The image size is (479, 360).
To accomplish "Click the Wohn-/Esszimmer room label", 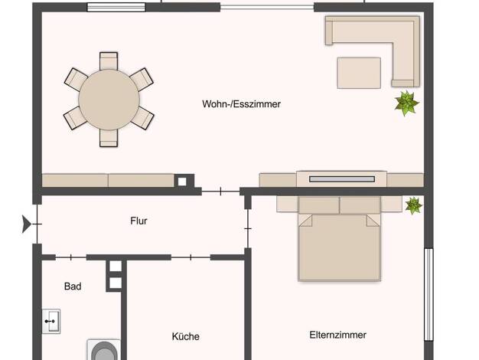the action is click(x=241, y=104).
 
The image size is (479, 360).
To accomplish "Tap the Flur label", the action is click(x=138, y=221).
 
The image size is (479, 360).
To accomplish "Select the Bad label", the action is click(x=73, y=286).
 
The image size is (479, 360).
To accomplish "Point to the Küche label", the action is click(x=186, y=336).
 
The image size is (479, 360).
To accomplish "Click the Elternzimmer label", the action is click(x=338, y=335).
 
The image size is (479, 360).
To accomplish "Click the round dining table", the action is click(x=109, y=100).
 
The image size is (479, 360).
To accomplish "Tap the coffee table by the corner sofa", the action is click(x=359, y=73).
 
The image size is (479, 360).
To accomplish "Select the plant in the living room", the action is click(x=406, y=103).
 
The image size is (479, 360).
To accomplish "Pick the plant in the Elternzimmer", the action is click(x=414, y=205).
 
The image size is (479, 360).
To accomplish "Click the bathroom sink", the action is click(x=51, y=321).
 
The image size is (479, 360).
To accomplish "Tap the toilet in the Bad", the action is click(x=104, y=350).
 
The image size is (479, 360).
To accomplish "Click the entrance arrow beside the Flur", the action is click(x=26, y=224).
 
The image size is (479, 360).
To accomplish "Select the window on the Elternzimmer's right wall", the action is click(x=429, y=295).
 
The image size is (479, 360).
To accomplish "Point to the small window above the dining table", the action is click(x=116, y=8).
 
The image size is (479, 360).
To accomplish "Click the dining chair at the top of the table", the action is click(x=109, y=61).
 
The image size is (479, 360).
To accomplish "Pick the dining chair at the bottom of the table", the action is click(x=109, y=138).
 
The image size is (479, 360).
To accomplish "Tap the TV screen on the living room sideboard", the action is click(x=342, y=179).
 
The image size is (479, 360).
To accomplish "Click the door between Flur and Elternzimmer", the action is click(x=248, y=228).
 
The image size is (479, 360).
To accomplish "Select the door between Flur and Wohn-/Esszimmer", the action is click(x=220, y=191).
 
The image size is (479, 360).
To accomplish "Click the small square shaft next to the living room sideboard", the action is click(x=182, y=182).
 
